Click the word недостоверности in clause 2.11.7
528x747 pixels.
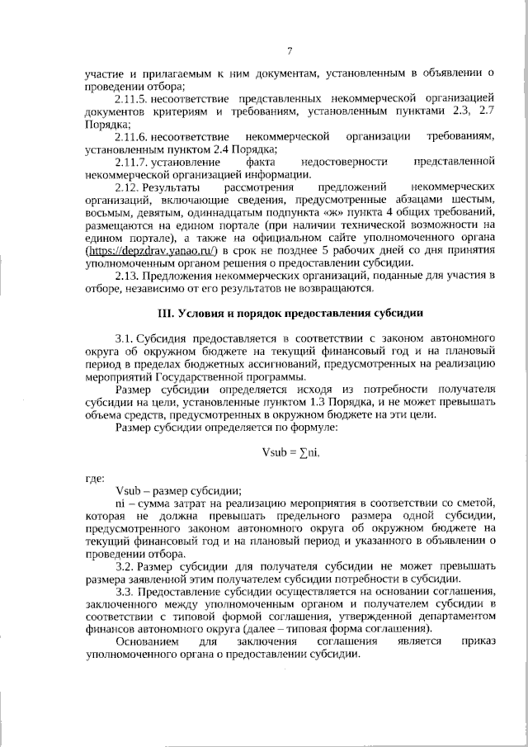(340, 163)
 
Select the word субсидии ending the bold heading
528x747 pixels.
(399, 336)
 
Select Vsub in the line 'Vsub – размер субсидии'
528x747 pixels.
(130, 489)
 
